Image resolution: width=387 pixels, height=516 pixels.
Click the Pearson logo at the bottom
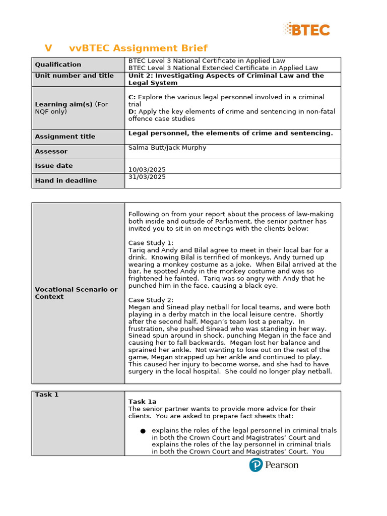click(x=274, y=465)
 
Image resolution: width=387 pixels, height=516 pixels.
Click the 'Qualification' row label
click(x=58, y=64)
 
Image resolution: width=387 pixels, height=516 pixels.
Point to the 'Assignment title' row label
click(x=65, y=137)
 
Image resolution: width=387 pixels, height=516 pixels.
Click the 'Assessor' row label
click(x=51, y=151)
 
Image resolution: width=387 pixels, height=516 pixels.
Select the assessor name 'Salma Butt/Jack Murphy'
click(x=167, y=148)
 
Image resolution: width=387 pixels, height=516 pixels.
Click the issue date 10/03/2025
click(x=147, y=170)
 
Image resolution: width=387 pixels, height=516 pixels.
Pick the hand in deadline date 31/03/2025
click(x=147, y=177)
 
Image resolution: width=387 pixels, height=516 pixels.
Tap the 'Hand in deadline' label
click(x=66, y=180)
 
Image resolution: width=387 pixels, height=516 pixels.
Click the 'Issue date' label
click(x=53, y=166)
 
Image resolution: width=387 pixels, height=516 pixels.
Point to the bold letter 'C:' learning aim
click(x=132, y=97)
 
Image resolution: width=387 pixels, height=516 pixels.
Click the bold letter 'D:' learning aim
click(x=132, y=111)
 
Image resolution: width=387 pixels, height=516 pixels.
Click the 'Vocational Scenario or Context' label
click(x=76, y=293)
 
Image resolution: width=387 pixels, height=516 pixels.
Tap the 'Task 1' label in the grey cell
click(x=46, y=395)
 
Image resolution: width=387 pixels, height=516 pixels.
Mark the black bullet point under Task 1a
click(x=143, y=431)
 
